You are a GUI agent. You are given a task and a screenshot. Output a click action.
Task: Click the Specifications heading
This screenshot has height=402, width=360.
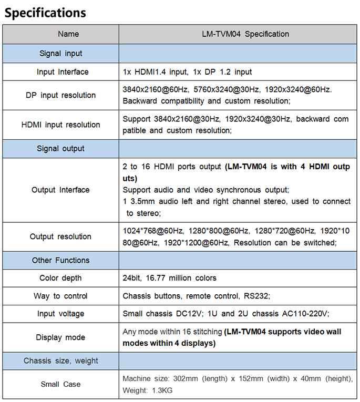pyautogui.click(x=45, y=13)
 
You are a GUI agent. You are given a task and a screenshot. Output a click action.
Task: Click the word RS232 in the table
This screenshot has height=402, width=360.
pyautogui.click(x=257, y=296)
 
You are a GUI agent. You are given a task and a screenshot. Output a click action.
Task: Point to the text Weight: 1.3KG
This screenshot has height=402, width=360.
pyautogui.click(x=147, y=390)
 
